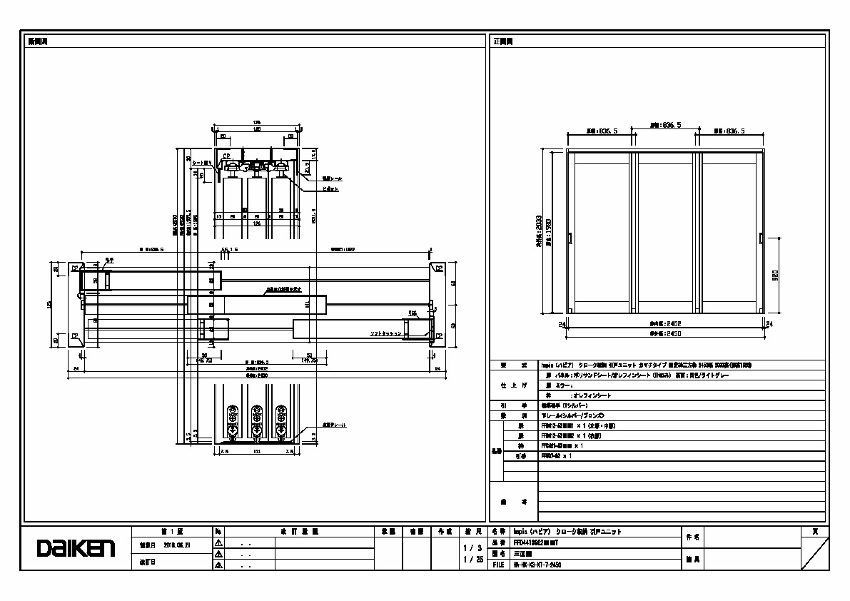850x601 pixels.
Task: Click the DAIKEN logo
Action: coord(76,548)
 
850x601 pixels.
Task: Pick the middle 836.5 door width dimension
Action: coord(664,125)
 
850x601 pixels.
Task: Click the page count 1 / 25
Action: coord(473,560)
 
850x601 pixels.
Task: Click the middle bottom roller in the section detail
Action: coord(255,421)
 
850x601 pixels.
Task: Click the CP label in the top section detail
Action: coord(226,156)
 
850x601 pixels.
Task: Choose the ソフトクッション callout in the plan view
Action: coord(385,333)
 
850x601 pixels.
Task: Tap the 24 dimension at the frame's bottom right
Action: coord(769,324)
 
